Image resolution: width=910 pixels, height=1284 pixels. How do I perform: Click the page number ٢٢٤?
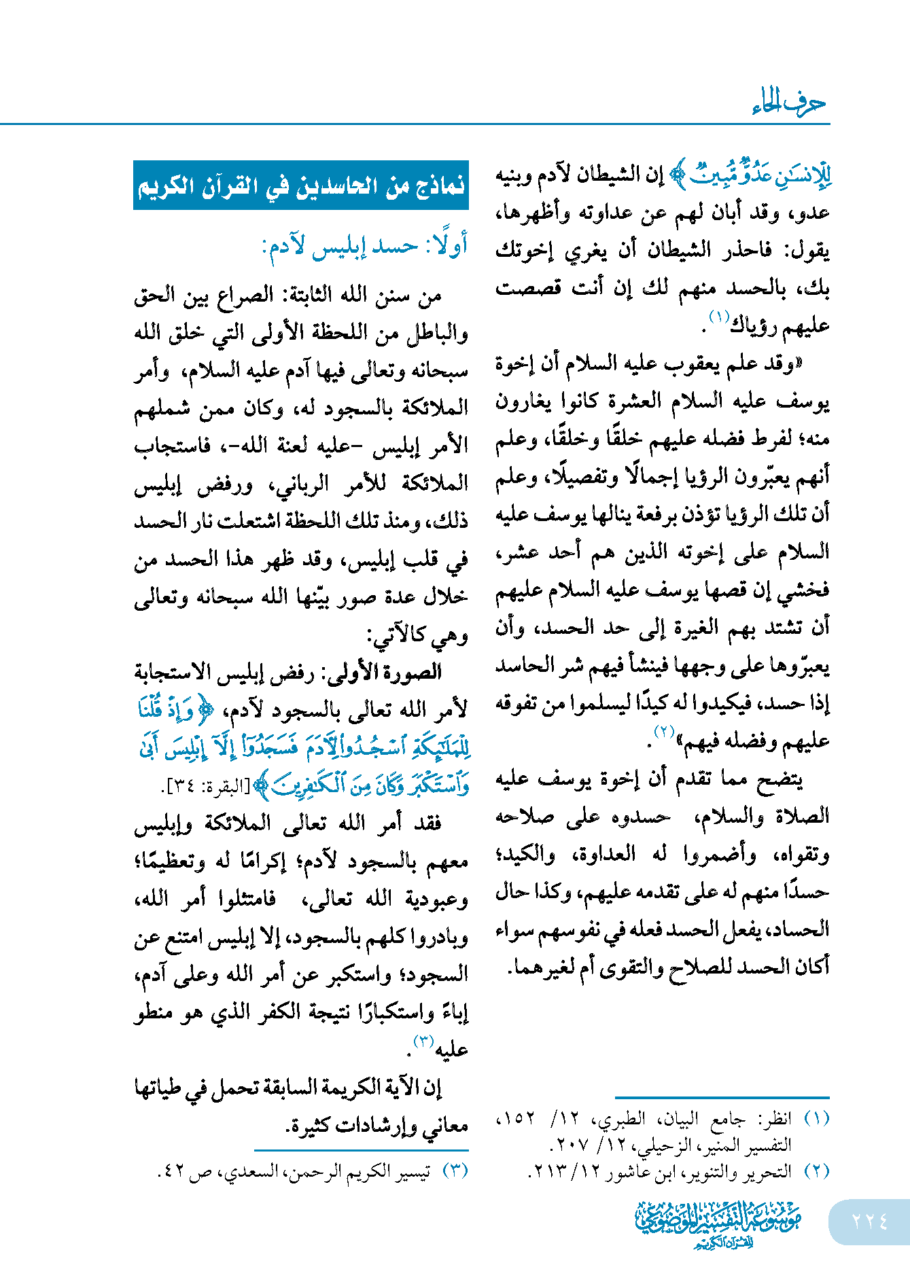tap(869, 1221)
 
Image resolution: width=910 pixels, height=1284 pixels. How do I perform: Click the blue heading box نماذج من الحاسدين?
tap(301, 185)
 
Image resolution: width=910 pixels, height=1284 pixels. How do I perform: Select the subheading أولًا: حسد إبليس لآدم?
tap(365, 246)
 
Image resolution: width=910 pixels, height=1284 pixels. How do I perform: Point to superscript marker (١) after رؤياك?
tap(718, 317)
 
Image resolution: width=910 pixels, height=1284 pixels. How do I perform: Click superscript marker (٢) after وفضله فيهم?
tap(663, 732)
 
